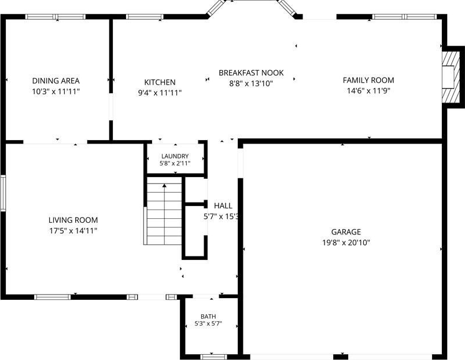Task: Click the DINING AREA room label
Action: point(56,80)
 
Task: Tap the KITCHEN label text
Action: point(160,82)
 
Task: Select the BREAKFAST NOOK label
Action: point(251,73)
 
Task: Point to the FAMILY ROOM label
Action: point(368,80)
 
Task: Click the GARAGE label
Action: point(346,232)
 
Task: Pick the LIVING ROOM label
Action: point(73,220)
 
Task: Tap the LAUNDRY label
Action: point(175,156)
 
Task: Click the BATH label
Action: point(208,317)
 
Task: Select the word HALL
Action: point(223,205)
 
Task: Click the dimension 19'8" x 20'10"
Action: point(346,243)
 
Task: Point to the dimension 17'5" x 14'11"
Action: point(73,230)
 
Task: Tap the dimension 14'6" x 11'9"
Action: point(368,90)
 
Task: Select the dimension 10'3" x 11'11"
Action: point(56,91)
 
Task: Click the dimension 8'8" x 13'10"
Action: point(251,83)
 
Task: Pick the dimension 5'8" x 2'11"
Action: point(175,163)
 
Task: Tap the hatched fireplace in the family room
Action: point(448,77)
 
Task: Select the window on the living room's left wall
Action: point(3,193)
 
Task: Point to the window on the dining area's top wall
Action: point(56,17)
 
